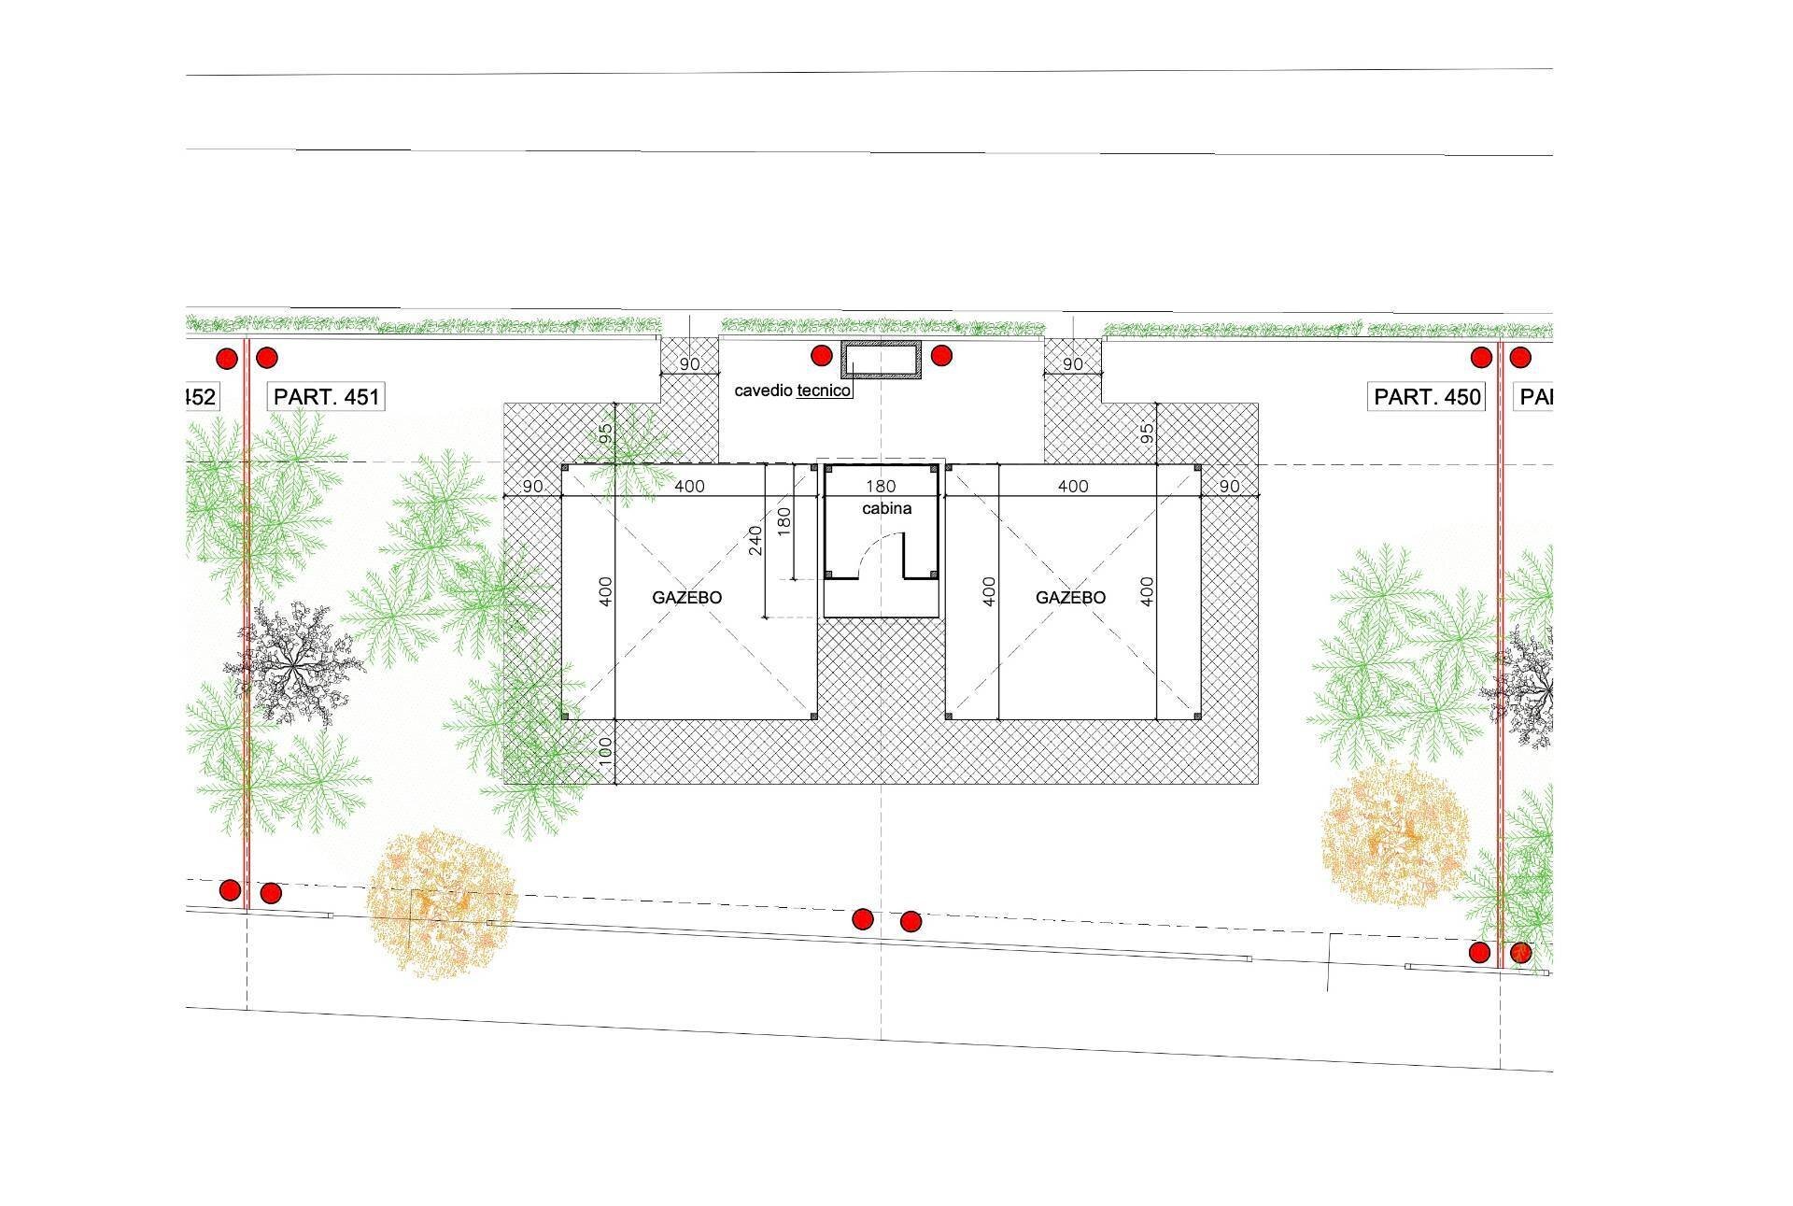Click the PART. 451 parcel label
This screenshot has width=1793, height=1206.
327,397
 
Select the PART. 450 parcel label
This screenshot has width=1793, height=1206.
1427,397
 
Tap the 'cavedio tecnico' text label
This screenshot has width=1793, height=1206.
792,390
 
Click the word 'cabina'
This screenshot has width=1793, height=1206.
886,509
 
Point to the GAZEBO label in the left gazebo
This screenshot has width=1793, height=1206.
687,598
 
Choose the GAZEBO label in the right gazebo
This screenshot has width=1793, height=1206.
1070,598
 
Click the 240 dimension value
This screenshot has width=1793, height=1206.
755,539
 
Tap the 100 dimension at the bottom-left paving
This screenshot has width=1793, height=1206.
605,752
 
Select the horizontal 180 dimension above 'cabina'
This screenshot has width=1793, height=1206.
881,486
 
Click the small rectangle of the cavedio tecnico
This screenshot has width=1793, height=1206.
882,360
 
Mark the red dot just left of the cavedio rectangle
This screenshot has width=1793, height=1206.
821,356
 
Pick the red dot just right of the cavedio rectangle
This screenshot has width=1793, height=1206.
941,356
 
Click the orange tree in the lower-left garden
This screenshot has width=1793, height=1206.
439,902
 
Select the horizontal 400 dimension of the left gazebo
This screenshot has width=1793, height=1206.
689,486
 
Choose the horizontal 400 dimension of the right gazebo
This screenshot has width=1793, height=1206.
1073,486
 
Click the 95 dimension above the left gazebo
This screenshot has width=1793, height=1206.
605,433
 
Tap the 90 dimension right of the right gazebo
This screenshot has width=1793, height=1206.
1229,486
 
